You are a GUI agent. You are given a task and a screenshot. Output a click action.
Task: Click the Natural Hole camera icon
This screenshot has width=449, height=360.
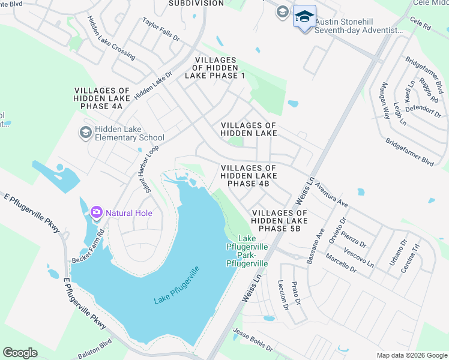96,212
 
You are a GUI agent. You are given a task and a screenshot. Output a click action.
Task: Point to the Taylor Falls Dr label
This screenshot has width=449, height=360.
161,29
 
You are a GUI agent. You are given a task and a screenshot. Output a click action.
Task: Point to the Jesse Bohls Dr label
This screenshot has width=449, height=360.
253,340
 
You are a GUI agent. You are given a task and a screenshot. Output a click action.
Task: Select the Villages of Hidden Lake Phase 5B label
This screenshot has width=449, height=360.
280,221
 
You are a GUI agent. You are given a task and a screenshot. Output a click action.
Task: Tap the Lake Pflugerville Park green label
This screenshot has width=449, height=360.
247,251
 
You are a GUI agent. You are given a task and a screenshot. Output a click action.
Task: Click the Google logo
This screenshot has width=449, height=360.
20,353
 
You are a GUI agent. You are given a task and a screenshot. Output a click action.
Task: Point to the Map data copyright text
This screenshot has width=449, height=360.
411,355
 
